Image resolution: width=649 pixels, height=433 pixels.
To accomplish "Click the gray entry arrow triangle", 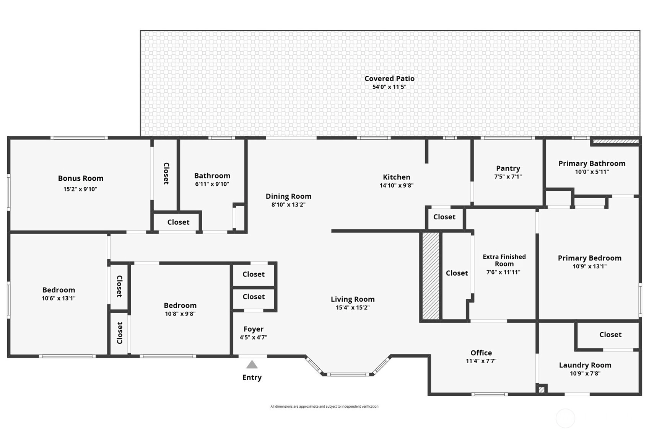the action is coord(252,364).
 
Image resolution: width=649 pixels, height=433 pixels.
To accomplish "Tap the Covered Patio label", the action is coord(389,78).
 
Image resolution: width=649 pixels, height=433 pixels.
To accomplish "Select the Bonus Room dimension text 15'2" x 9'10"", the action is coord(80,189).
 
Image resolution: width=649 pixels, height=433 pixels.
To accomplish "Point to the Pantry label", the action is coord(508,168).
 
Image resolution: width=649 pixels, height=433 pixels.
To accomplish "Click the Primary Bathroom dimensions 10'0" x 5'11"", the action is coord(592,172).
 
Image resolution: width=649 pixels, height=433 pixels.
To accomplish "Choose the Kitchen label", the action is coord(396,177).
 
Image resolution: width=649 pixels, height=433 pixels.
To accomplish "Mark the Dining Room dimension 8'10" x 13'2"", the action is coord(288,204).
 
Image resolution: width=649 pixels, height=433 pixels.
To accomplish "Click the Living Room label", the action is coord(353,299).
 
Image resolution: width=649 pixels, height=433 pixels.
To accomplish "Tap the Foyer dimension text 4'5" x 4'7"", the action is coord(253,337).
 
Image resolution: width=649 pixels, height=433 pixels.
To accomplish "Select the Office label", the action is coord(481,353).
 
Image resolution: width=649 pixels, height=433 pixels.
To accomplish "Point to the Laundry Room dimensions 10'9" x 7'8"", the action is coord(585,374).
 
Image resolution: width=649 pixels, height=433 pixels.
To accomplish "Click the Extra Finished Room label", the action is coord(504,260).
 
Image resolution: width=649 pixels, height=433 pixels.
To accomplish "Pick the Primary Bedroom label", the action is coord(590,258).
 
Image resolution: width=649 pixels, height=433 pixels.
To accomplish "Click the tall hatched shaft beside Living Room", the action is coord(431,276).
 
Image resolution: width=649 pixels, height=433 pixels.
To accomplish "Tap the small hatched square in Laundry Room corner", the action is coord(542,389).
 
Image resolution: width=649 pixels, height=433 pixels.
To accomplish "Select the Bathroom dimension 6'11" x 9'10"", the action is coord(212,184).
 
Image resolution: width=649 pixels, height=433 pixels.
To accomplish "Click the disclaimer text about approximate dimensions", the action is coord(324,406).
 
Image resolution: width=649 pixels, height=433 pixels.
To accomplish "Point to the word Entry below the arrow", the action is coord(252,377).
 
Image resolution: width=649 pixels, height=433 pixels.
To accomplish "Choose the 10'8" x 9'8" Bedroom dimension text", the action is coord(180,314).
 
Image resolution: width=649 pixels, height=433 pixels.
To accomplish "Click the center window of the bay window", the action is coord(348,374).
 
